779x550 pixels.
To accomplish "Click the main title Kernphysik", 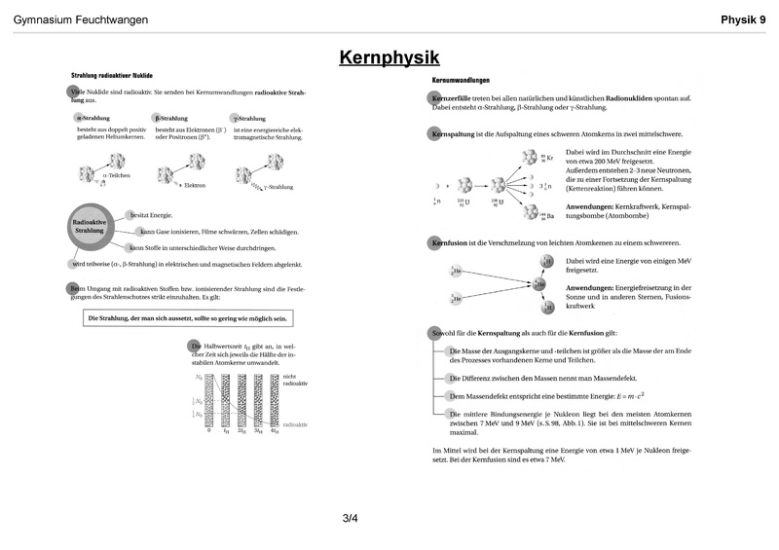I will click(389, 57).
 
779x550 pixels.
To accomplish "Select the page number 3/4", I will click(351, 518).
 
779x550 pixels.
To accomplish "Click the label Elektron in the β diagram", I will click(195, 185).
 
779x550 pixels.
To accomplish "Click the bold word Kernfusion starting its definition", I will click(452, 241).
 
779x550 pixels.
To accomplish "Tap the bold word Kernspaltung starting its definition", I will click(454, 132).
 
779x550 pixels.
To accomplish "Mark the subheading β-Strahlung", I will click(172, 118).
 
